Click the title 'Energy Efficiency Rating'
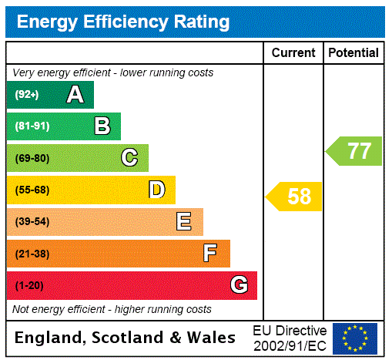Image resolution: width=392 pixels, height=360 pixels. [123, 22]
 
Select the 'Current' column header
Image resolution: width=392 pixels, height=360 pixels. [293, 52]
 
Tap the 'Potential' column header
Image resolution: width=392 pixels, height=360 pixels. [353, 52]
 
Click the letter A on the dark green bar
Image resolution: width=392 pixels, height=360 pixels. [75, 95]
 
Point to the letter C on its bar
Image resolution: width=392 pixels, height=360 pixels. [129, 158]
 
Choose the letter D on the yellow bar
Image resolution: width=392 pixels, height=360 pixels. [157, 190]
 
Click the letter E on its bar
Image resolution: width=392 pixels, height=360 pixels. [184, 222]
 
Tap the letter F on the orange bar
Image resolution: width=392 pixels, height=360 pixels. [210, 254]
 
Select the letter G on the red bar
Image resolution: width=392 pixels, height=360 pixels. [239, 285]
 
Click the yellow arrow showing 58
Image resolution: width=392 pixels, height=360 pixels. [295, 196]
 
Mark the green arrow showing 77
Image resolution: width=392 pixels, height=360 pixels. [354, 150]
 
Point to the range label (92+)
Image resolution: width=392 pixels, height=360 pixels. [27, 95]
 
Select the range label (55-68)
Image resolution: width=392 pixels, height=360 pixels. [32, 190]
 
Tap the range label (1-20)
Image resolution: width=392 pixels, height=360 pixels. [29, 286]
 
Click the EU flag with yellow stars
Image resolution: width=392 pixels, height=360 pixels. [355, 338]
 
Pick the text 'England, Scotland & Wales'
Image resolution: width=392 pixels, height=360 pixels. [126, 338]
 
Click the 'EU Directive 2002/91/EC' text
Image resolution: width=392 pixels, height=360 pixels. [290, 338]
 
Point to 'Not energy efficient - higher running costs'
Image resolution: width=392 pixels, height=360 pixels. [112, 309]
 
